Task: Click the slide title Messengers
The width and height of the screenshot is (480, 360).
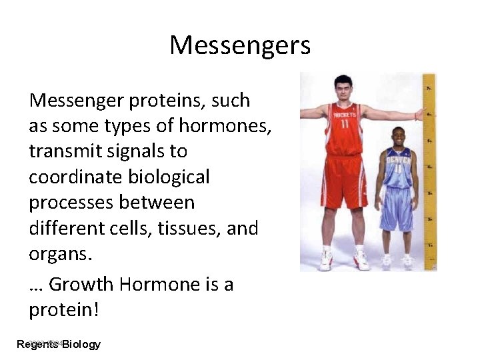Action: click(240, 45)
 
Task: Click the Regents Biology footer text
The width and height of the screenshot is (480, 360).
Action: click(59, 344)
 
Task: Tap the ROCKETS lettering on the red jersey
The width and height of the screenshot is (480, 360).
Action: click(344, 115)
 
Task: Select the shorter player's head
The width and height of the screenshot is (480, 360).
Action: click(399, 136)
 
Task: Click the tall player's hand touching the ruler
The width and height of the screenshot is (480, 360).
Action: click(419, 115)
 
